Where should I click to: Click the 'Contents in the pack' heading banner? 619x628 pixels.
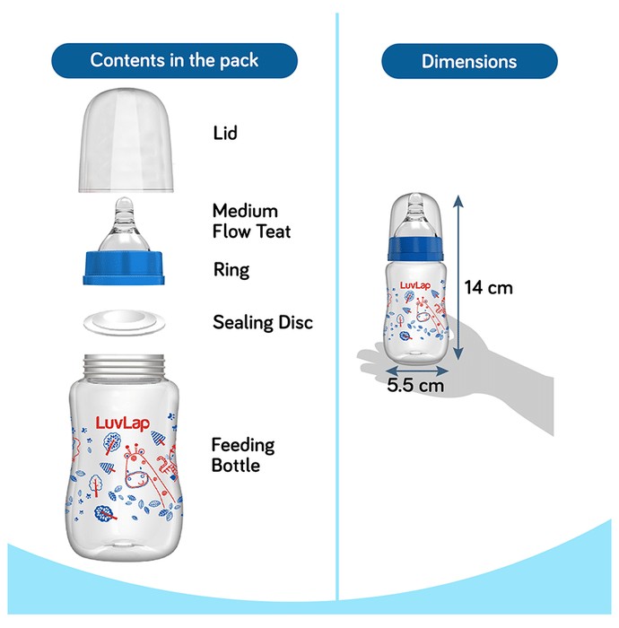point(174,60)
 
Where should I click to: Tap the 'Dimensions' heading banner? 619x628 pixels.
point(469,61)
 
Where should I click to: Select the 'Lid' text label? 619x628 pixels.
point(225,133)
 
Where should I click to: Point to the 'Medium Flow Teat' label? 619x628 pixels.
point(251,221)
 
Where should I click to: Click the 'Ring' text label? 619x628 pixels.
point(231,270)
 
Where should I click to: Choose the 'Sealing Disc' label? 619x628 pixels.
point(263,322)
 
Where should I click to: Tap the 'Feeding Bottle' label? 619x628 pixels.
point(243,455)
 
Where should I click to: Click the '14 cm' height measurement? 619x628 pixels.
point(489,288)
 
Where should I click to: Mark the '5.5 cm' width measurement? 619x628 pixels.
point(415,385)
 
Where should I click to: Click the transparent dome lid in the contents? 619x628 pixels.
point(126,140)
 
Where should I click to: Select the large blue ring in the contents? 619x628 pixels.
point(124,268)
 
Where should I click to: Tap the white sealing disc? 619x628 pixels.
point(124,323)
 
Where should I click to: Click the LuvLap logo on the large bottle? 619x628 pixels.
point(123,423)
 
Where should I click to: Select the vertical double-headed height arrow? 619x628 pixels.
point(458,277)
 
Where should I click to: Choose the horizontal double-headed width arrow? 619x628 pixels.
point(416,371)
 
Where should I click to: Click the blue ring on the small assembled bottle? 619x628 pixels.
point(415,249)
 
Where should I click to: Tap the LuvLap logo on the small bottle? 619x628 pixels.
point(415,285)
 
